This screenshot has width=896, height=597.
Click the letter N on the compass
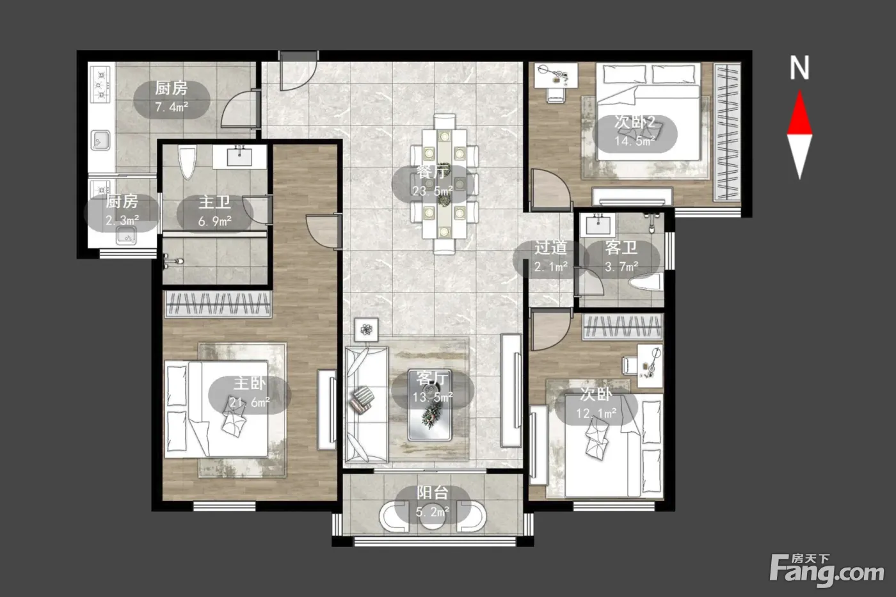click(799, 68)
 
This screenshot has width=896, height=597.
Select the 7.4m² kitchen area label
click(172, 107)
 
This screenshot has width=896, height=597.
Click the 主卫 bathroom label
click(215, 202)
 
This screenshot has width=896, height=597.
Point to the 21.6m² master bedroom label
click(250, 402)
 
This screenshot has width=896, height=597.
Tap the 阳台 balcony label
click(432, 493)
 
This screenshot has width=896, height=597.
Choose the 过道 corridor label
click(550, 248)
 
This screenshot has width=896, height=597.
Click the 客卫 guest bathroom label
click(621, 248)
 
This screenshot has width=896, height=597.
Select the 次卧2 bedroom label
click(634, 122)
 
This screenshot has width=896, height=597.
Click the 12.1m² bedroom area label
click(596, 413)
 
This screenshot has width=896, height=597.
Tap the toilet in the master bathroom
click(187, 163)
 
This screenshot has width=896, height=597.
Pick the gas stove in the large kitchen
click(100, 84)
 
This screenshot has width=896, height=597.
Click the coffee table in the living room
click(429, 404)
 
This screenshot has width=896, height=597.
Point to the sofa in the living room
click(366, 404)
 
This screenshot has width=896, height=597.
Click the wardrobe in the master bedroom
click(218, 305)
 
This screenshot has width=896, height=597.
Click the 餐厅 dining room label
click(432, 172)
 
